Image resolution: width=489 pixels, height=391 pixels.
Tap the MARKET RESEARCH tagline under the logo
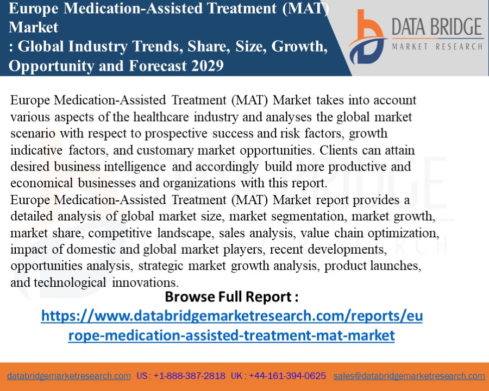click(x=437, y=47)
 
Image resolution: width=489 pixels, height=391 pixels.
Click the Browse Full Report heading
click(x=231, y=297)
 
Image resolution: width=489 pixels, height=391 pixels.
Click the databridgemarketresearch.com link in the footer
click(x=69, y=376)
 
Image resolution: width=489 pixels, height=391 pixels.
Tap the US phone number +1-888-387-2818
click(x=189, y=376)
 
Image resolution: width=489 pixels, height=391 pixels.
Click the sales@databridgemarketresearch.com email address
click(x=409, y=376)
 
